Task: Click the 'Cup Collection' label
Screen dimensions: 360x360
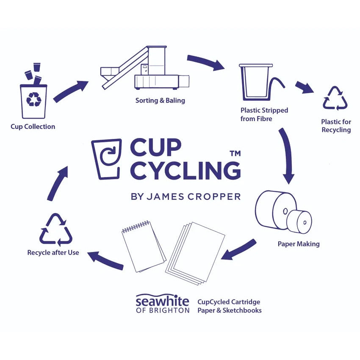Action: tap(33, 127)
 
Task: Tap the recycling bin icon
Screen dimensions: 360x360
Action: tap(34, 102)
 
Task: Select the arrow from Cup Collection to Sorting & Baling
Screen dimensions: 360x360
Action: tap(71, 91)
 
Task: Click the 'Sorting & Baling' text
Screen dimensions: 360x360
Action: tap(160, 100)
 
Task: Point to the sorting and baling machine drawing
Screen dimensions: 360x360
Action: tap(145, 67)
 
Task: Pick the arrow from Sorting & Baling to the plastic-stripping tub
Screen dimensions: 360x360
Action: tap(206, 62)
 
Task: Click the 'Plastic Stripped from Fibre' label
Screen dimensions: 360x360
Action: tap(264, 114)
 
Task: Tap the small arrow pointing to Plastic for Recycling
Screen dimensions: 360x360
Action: tap(305, 87)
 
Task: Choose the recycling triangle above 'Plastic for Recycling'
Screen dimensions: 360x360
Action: tap(335, 98)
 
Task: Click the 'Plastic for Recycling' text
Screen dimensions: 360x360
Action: tap(336, 126)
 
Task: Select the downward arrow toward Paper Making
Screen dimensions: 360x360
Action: tap(287, 156)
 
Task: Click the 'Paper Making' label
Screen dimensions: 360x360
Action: tap(299, 244)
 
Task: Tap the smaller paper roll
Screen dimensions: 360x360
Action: tap(299, 222)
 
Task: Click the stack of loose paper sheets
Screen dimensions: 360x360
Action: tap(195, 253)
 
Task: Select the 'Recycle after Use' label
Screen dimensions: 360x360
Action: tap(53, 252)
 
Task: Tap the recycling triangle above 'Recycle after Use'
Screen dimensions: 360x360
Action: tap(56, 230)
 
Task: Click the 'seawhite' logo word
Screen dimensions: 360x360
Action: tap(162, 300)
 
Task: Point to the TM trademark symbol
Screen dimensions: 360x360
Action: tap(235, 153)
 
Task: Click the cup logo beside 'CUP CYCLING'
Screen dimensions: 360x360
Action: tap(107, 159)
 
